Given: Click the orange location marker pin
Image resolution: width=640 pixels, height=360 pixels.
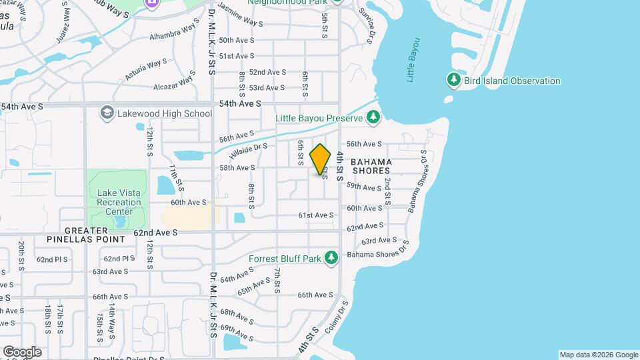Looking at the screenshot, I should point(321,159).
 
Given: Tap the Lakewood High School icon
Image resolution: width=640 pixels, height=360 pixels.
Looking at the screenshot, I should point(107,113).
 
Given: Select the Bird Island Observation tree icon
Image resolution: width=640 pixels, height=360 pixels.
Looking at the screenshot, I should point(454,81).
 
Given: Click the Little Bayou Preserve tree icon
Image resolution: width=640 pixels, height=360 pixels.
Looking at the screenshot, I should point(373,118).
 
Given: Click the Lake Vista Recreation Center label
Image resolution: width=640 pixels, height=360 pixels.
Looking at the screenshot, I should point(119,202).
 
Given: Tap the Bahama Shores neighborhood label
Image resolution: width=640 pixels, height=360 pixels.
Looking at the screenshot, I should point(371,166).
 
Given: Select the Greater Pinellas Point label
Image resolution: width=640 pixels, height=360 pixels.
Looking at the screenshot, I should point(86,235).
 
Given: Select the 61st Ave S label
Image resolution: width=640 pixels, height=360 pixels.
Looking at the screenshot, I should point(315,215).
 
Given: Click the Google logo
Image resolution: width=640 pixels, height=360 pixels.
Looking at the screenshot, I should point(21,352).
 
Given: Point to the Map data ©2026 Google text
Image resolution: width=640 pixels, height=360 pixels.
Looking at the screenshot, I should point(599,355).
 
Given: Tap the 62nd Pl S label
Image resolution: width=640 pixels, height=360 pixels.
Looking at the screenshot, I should point(53,259).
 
